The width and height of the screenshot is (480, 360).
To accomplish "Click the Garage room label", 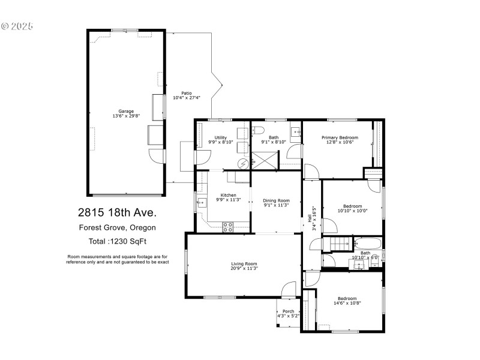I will [x=126, y=111].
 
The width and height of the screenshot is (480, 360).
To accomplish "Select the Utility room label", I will [x=220, y=137].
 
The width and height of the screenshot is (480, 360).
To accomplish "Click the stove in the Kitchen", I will [x=228, y=226].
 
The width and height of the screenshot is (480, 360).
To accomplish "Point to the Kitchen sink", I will [x=202, y=203].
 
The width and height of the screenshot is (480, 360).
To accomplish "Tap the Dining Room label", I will [x=276, y=200].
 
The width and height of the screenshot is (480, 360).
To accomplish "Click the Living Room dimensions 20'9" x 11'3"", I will [x=244, y=268].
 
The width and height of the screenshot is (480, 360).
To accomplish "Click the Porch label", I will [x=289, y=311].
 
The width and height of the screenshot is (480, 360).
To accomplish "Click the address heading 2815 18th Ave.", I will [x=116, y=212].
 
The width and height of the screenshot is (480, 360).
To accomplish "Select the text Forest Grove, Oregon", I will [x=118, y=227].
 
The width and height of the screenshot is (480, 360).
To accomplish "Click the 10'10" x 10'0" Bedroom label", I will [x=352, y=205].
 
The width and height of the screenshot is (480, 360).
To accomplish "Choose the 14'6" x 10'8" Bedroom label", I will [x=347, y=298].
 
